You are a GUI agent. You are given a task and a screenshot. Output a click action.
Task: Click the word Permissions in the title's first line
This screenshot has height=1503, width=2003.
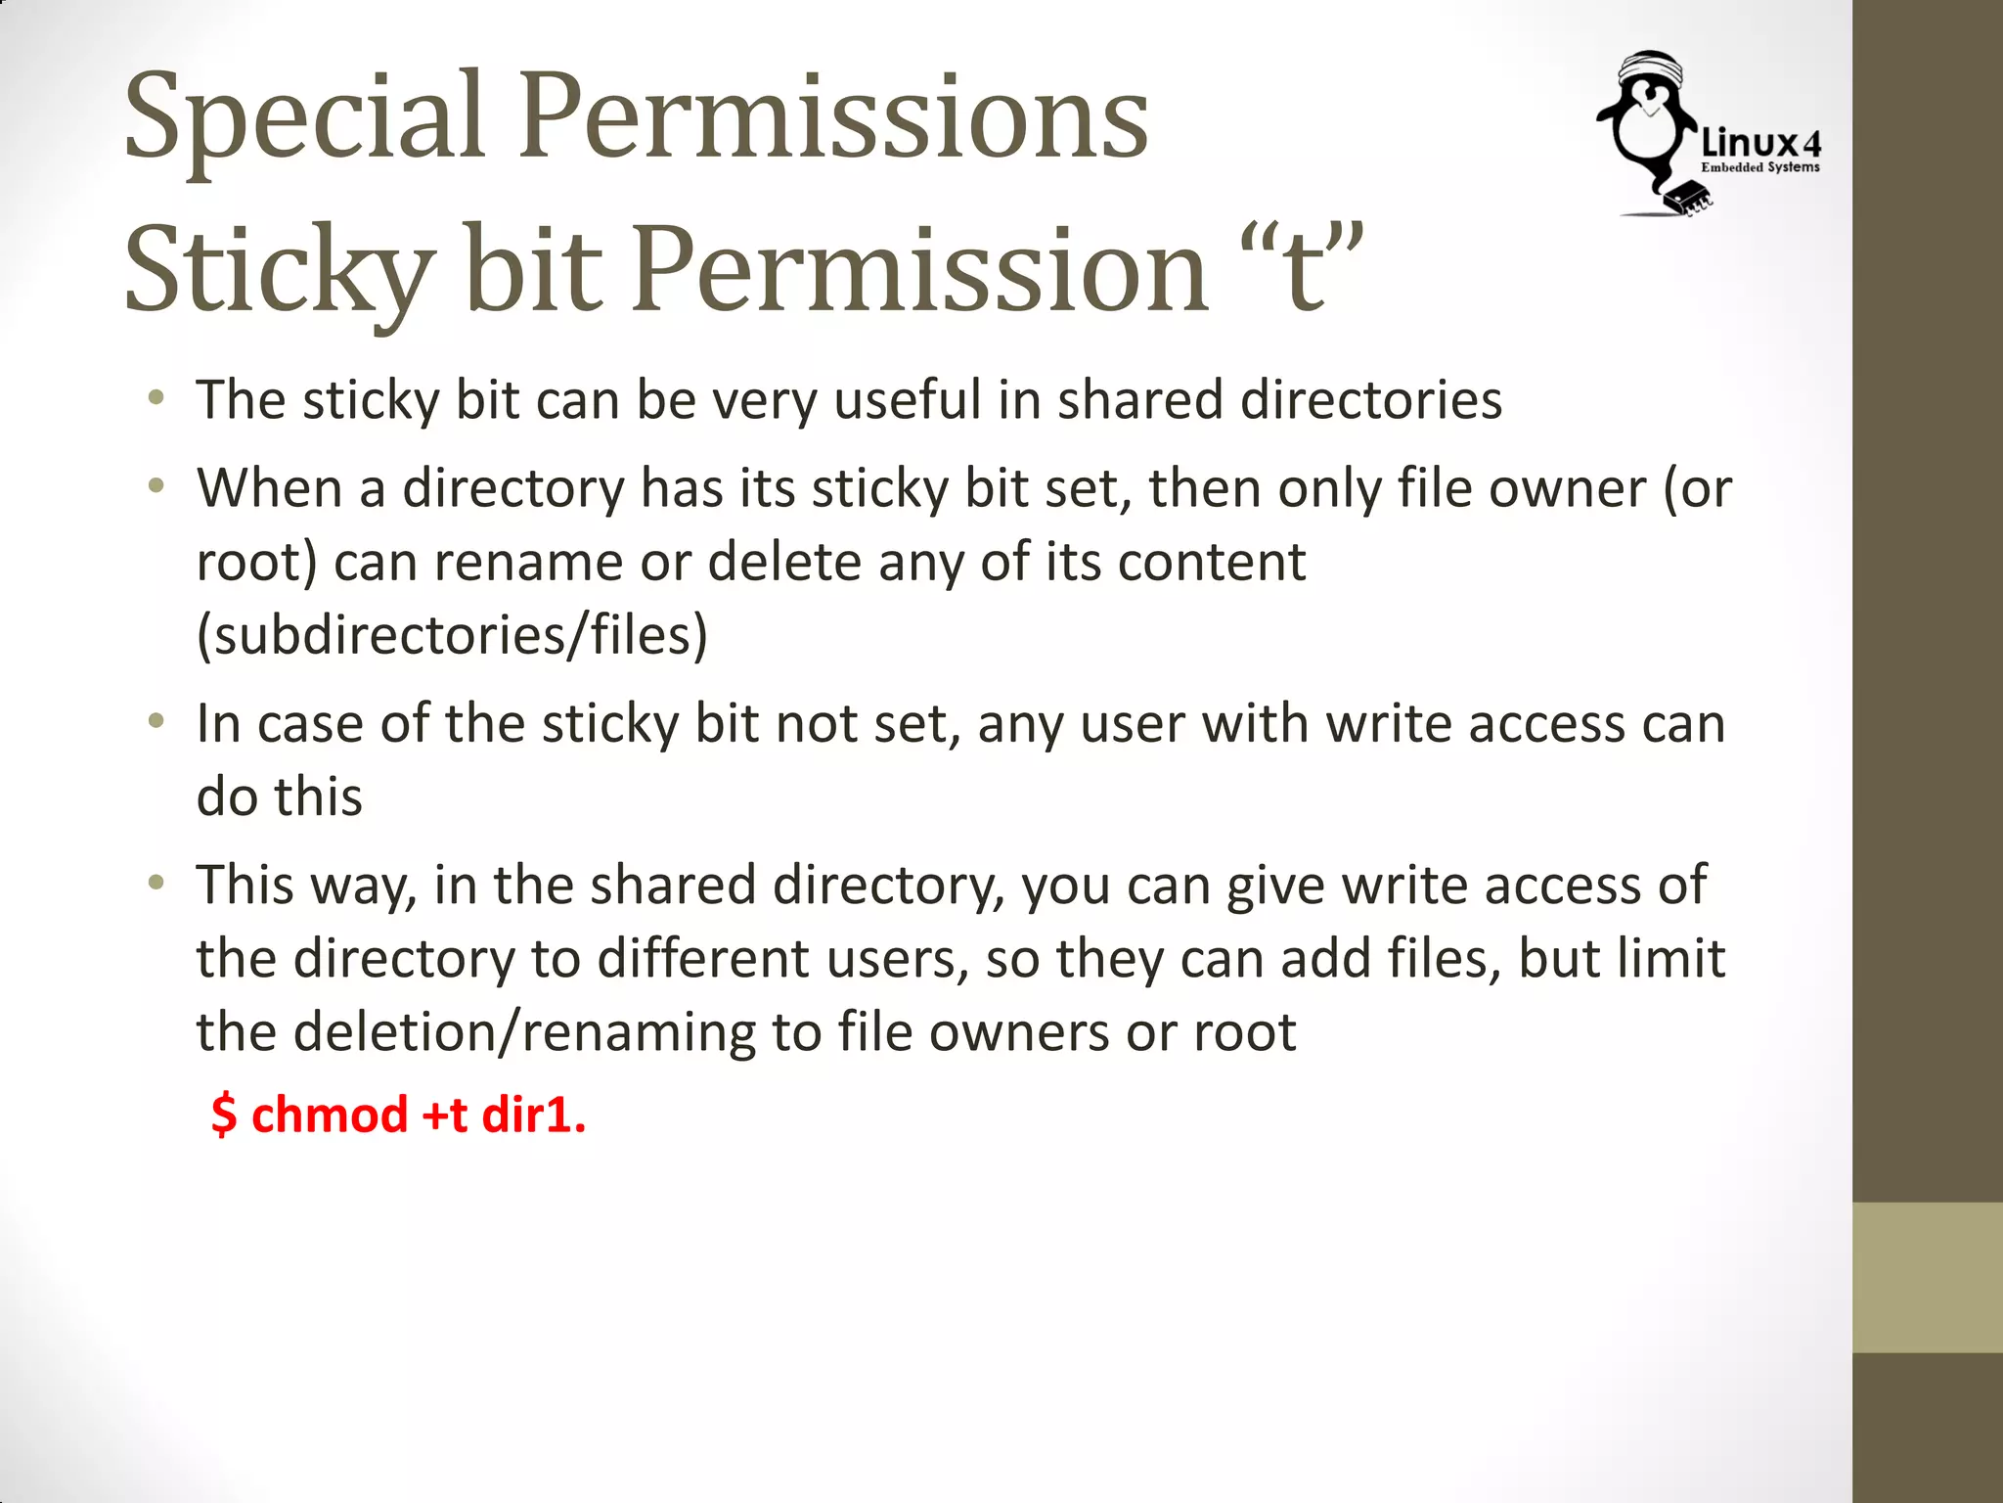coord(833,117)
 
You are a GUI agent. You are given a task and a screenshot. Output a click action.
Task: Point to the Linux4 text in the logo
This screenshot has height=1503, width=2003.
coord(1760,144)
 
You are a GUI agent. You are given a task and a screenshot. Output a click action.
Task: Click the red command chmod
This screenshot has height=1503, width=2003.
coord(329,1116)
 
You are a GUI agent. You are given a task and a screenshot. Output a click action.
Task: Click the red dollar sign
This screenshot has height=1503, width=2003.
coord(224,1116)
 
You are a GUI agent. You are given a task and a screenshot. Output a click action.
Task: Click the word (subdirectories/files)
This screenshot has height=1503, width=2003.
coord(452,635)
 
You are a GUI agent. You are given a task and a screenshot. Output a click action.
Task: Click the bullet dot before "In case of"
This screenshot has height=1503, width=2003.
coord(156,722)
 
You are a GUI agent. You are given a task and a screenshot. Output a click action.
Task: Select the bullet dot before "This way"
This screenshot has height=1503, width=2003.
coord(156,884)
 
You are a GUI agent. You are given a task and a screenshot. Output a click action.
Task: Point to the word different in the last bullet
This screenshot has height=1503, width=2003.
coord(702,958)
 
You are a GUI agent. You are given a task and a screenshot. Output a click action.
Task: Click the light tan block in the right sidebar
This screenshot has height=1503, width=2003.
coord(1927,1277)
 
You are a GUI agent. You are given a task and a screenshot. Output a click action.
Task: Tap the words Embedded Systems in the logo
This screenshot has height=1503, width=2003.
coord(1760,168)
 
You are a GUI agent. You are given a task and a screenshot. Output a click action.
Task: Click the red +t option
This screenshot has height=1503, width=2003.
coord(444,1116)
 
